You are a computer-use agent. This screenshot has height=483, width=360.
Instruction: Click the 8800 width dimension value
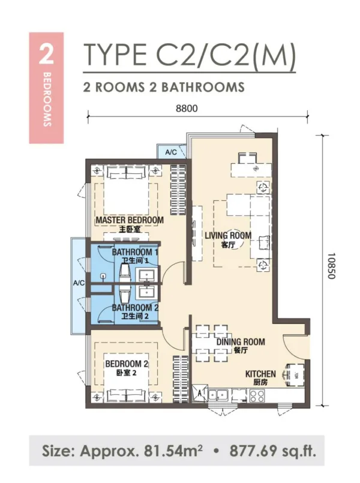[x=187, y=109]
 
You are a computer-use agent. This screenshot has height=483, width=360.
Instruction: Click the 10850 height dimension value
[x=331, y=266]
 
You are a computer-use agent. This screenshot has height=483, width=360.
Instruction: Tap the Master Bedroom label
[x=130, y=220]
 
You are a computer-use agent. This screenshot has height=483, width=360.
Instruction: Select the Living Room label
[x=228, y=236]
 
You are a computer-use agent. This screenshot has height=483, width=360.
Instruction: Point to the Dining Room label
[x=241, y=341]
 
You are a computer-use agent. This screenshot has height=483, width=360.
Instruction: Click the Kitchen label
[x=260, y=374]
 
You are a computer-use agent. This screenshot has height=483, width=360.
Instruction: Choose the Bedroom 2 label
[x=127, y=364]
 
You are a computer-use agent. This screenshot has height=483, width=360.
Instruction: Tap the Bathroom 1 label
[x=135, y=252]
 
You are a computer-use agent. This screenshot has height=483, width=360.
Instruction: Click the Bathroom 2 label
[x=135, y=307]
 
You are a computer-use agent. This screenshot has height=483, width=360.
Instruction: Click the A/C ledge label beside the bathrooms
[x=79, y=283]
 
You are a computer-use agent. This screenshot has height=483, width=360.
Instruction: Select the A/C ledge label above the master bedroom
[x=171, y=152]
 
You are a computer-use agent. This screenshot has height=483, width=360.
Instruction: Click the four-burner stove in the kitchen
[x=257, y=396]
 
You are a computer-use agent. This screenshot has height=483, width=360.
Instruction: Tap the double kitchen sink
[x=218, y=395]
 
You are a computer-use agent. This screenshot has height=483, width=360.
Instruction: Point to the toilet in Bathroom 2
[x=124, y=296]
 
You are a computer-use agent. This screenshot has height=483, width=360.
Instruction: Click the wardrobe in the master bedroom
[x=178, y=190]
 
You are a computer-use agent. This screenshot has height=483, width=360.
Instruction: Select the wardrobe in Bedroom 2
[x=180, y=379]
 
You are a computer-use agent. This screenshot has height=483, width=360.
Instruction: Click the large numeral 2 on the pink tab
[x=46, y=55]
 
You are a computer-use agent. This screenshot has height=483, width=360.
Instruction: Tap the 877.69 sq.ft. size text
[x=273, y=451]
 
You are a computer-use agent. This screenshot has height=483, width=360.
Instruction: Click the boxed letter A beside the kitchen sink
[x=200, y=393]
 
